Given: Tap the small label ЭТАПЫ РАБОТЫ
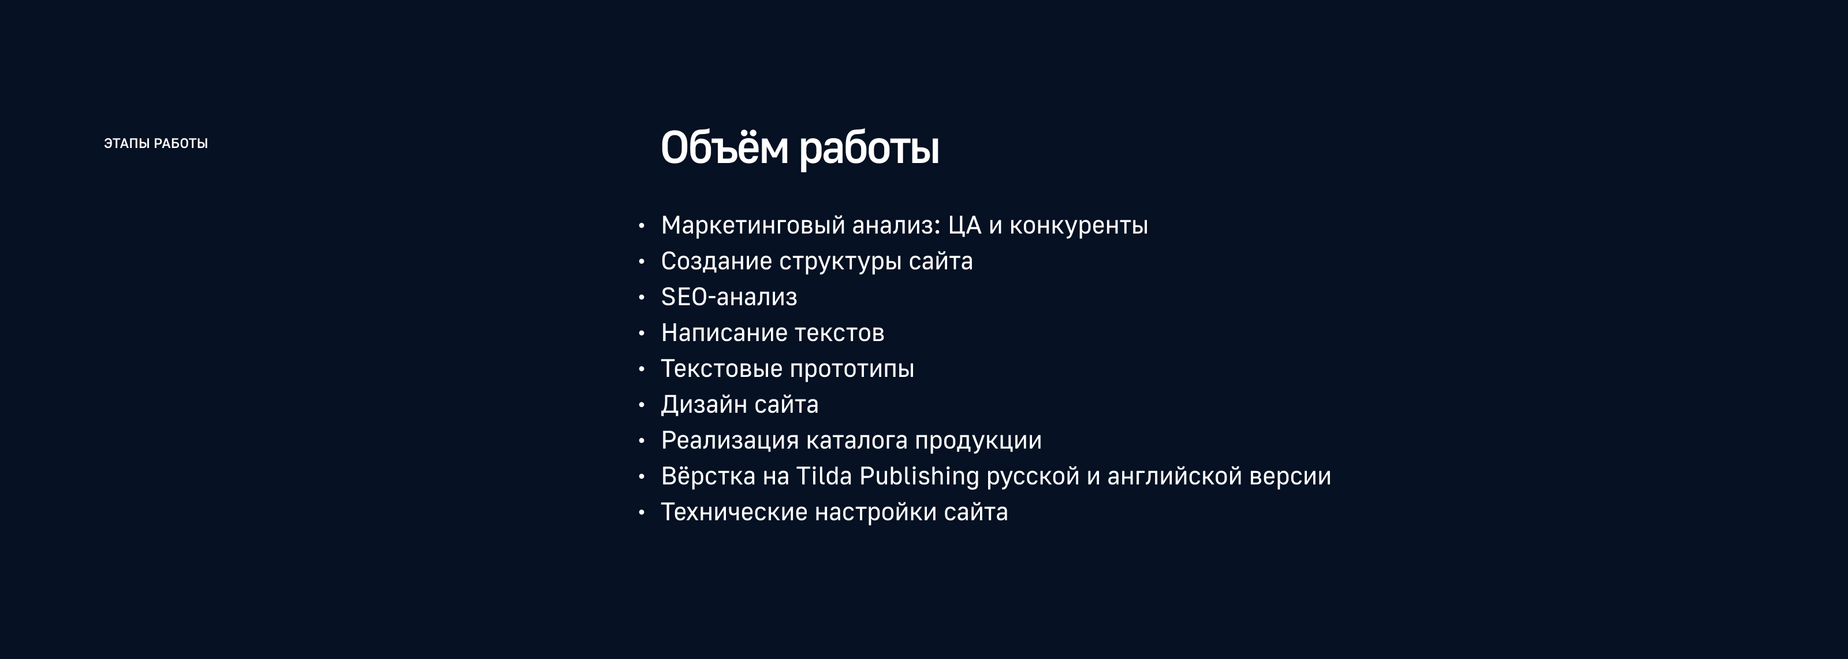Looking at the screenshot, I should [x=156, y=143].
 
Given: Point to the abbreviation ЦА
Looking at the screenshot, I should [x=964, y=225].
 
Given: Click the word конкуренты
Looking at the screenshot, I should [x=1078, y=225].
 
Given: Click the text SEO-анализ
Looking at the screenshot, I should [x=729, y=297].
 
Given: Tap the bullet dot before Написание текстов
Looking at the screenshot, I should [x=642, y=333].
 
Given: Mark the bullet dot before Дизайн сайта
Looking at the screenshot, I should [x=642, y=405].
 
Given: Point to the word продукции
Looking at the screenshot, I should [x=978, y=440].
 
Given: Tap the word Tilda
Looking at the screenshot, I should [x=824, y=476].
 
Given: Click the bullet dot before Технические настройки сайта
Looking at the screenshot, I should [x=642, y=513].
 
